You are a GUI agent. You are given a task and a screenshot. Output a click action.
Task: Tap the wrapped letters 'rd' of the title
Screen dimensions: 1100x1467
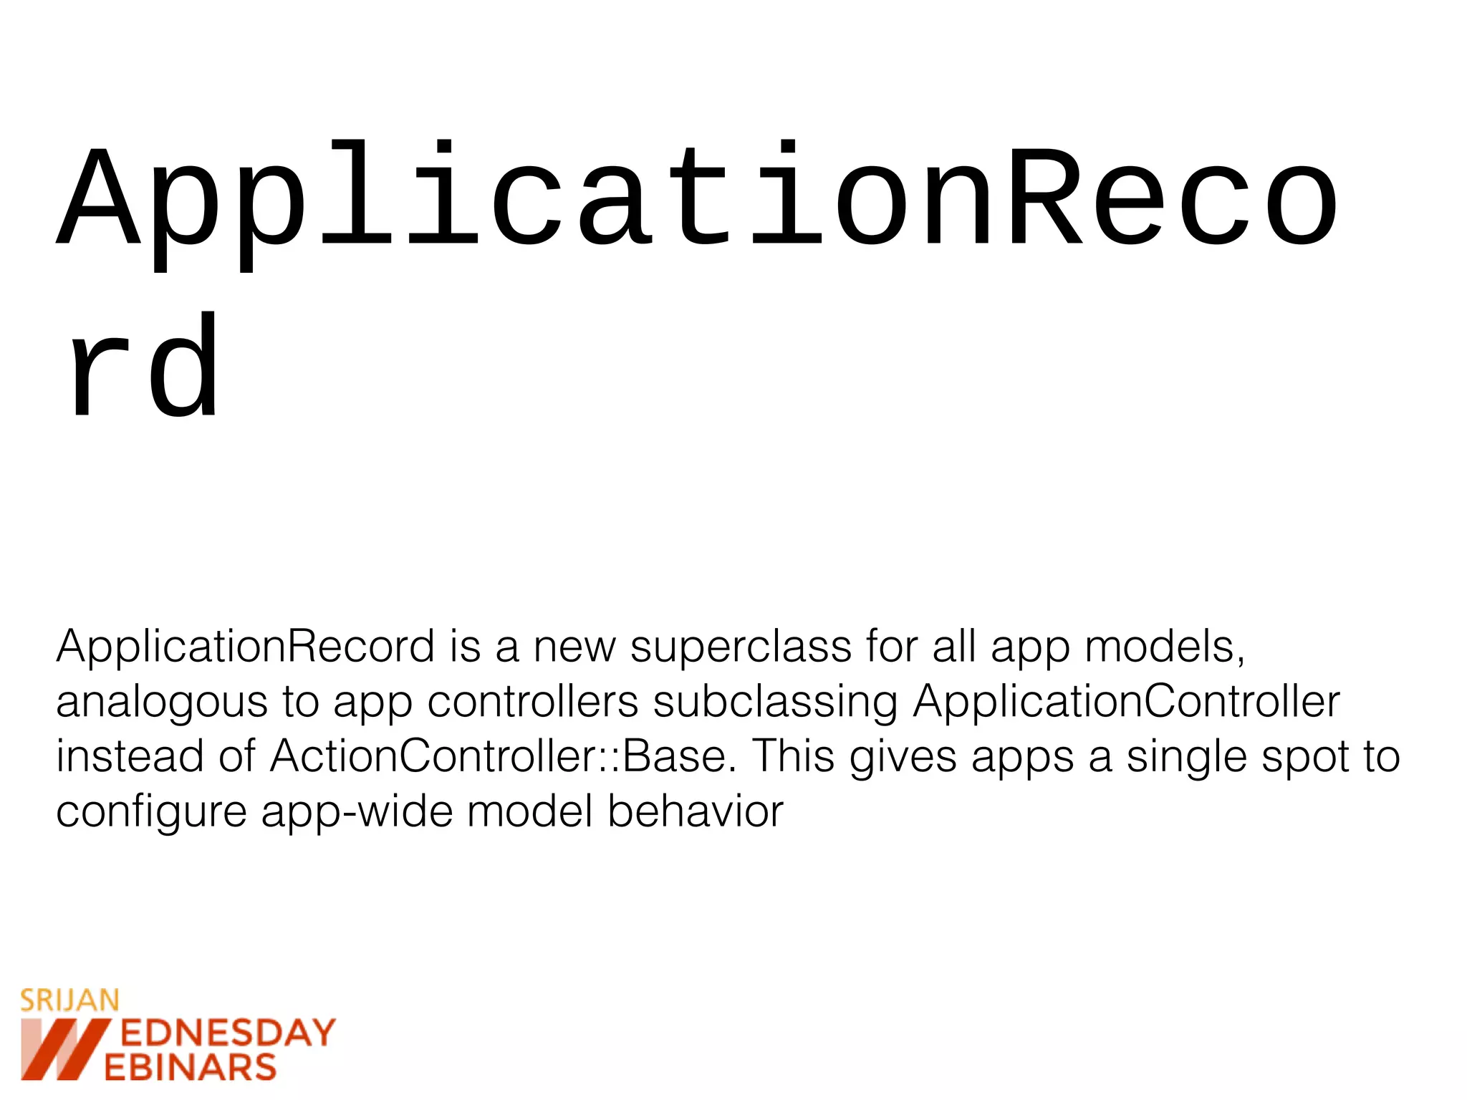143,367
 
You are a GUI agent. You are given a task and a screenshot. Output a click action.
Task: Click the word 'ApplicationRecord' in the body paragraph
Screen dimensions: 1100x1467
245,647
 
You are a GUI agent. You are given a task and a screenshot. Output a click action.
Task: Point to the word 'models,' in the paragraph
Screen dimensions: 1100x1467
1165,647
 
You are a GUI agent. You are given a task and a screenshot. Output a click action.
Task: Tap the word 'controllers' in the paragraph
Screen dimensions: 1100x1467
532,702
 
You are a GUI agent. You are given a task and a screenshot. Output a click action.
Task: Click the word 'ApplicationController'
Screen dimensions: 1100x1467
1126,702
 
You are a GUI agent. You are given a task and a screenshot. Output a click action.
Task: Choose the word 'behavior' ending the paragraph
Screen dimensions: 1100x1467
696,811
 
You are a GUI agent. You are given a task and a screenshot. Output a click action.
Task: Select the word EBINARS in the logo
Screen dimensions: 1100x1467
191,1068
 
